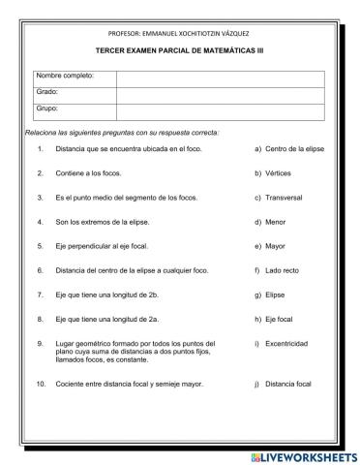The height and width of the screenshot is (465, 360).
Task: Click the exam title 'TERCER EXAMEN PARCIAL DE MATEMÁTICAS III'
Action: click(x=180, y=48)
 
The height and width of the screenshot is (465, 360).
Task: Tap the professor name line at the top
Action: click(x=180, y=32)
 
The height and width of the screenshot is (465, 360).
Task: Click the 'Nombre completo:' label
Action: click(x=66, y=77)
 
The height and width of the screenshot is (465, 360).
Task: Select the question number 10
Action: click(x=41, y=384)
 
